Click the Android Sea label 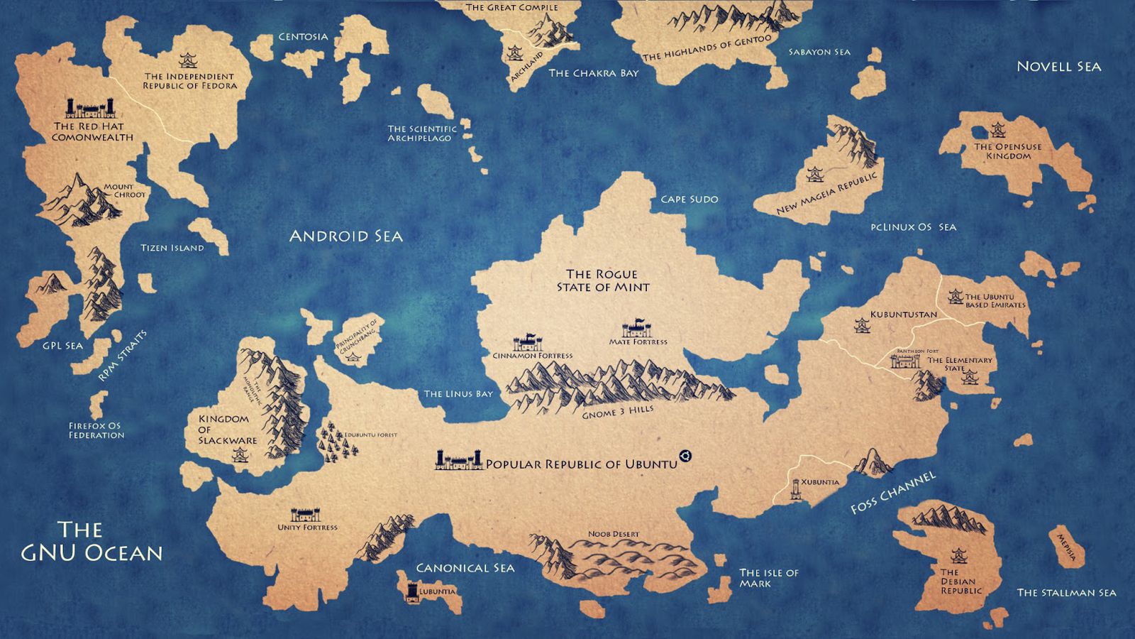(345, 236)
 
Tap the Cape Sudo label (689, 200)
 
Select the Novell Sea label (1058, 67)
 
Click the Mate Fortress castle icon (636, 329)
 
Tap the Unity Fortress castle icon (305, 515)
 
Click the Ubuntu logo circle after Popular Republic (685, 457)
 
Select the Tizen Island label (172, 248)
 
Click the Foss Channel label (893, 491)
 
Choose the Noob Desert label (613, 534)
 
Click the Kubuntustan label (903, 314)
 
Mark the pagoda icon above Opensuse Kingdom (999, 130)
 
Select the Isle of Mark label (769, 578)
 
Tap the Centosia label (303, 37)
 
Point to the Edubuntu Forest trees (338, 442)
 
